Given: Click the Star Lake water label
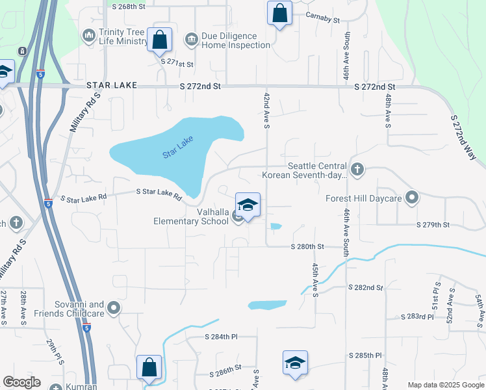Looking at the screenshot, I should (178, 151).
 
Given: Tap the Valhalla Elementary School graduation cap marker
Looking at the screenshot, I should (248, 205).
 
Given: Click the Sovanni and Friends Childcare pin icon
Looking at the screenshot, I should (114, 308).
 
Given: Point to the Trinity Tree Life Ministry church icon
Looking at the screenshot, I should (88, 34).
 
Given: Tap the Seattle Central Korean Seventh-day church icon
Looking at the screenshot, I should (357, 170).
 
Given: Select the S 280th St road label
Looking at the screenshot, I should (308, 246).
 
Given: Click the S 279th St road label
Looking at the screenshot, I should (433, 225).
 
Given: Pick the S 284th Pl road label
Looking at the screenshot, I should (221, 337).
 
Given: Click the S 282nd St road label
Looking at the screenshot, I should (365, 287).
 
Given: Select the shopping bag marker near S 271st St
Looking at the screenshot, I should (159, 40).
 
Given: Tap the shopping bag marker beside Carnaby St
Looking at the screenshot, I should (279, 12).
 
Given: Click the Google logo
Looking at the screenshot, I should (21, 382).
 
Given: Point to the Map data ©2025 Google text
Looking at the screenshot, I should (444, 385).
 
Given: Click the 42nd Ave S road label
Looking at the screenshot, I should (266, 110).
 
